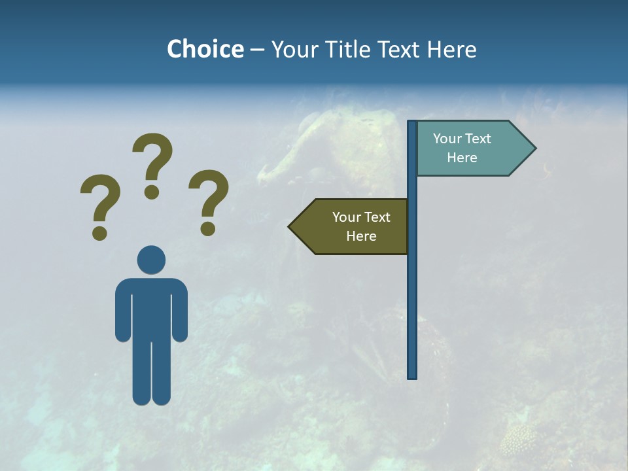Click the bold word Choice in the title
[205, 49]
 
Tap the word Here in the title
[451, 49]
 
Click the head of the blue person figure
[151, 260]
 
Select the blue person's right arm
[179, 311]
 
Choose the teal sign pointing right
[468, 148]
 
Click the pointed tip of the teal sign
[534, 148]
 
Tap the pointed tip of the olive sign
[290, 227]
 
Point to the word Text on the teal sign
[478, 139]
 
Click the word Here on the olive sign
[361, 236]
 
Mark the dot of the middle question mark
[152, 192]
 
